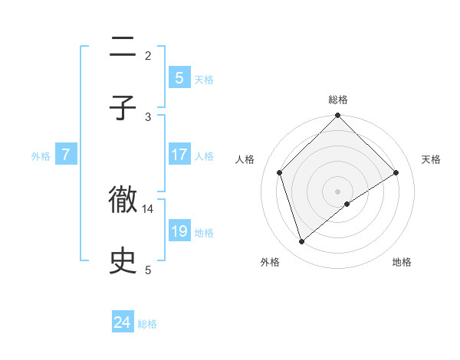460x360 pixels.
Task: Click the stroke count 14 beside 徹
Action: coord(149,208)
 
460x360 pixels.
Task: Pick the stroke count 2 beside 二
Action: coord(148,55)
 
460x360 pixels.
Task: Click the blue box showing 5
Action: coord(179,77)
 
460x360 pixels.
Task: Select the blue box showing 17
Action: coord(179,155)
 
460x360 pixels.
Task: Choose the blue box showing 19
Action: coord(179,231)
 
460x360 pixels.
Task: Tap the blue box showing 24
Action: coord(123,322)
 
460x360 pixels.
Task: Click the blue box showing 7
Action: coord(66,155)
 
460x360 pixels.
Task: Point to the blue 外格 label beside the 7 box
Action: coord(41,156)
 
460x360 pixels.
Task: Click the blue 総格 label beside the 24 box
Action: coord(147,324)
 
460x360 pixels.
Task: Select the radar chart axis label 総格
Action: coord(338,100)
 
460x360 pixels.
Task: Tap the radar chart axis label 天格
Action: coord(432,159)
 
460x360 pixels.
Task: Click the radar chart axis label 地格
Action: coord(402,263)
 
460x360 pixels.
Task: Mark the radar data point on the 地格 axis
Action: coord(347,204)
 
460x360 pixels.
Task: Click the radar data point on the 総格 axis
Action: coord(338,116)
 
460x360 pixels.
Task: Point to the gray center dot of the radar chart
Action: coord(338,191)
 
